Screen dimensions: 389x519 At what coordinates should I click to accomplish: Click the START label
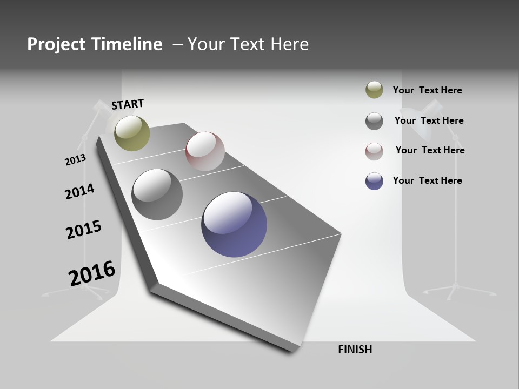pos(128,104)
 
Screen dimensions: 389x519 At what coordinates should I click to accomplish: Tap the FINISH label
pos(355,350)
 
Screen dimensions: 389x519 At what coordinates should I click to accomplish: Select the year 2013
pos(75,160)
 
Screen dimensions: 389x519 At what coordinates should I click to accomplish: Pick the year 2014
pos(79,191)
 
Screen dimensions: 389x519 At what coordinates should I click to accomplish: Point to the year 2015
pos(84,229)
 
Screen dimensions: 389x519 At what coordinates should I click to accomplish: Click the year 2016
pos(92,273)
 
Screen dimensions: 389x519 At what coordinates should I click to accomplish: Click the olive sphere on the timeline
pos(132,133)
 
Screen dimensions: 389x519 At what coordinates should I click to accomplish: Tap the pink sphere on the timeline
pos(205,151)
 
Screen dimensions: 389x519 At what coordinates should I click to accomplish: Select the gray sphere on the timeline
pos(157,194)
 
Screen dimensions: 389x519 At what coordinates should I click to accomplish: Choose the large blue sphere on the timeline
pos(234,224)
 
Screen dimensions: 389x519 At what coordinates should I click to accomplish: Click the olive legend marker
pos(374,90)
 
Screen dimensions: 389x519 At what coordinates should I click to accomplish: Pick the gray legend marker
pos(374,121)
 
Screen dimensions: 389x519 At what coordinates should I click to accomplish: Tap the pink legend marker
pos(374,151)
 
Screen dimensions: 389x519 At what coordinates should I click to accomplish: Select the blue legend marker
pos(374,181)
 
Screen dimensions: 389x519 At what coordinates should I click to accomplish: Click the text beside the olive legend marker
pos(427,90)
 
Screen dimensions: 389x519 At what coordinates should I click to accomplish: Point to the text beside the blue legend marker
pos(427,180)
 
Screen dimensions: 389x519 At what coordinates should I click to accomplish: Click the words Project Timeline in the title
pos(95,44)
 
